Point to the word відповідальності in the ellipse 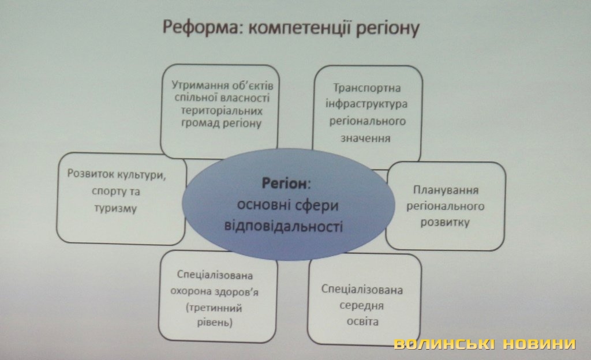pos(283,227)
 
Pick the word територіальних pos(222,111)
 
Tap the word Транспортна pos(366,88)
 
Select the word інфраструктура pos(366,104)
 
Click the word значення pos(365,138)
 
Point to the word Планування pos(446,190)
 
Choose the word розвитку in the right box pos(445,222)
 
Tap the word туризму pos(115,208)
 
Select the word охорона pos(187,292)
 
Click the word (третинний pos(214,308)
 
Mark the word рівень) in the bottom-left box pos(215,323)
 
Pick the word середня pos(361,305)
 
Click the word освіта pos(362,322)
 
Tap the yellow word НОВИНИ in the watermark pos(540,344)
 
